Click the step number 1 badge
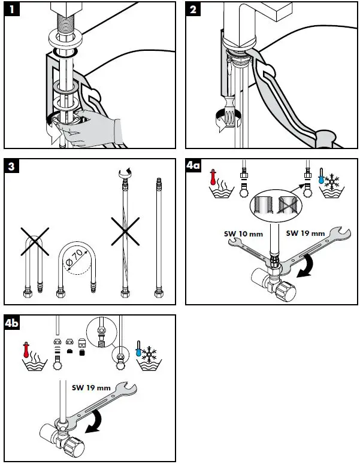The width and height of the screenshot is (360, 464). [13, 10]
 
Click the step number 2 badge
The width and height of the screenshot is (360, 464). [195, 10]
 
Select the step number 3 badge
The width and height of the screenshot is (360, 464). [13, 167]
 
